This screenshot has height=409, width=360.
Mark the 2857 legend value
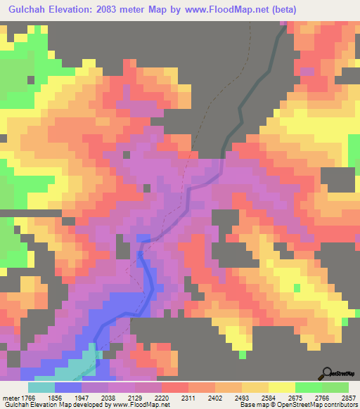(349, 398)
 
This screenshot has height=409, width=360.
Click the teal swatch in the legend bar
(41, 387)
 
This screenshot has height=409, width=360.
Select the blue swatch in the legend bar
(68, 387)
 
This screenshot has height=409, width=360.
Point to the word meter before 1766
(11, 398)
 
